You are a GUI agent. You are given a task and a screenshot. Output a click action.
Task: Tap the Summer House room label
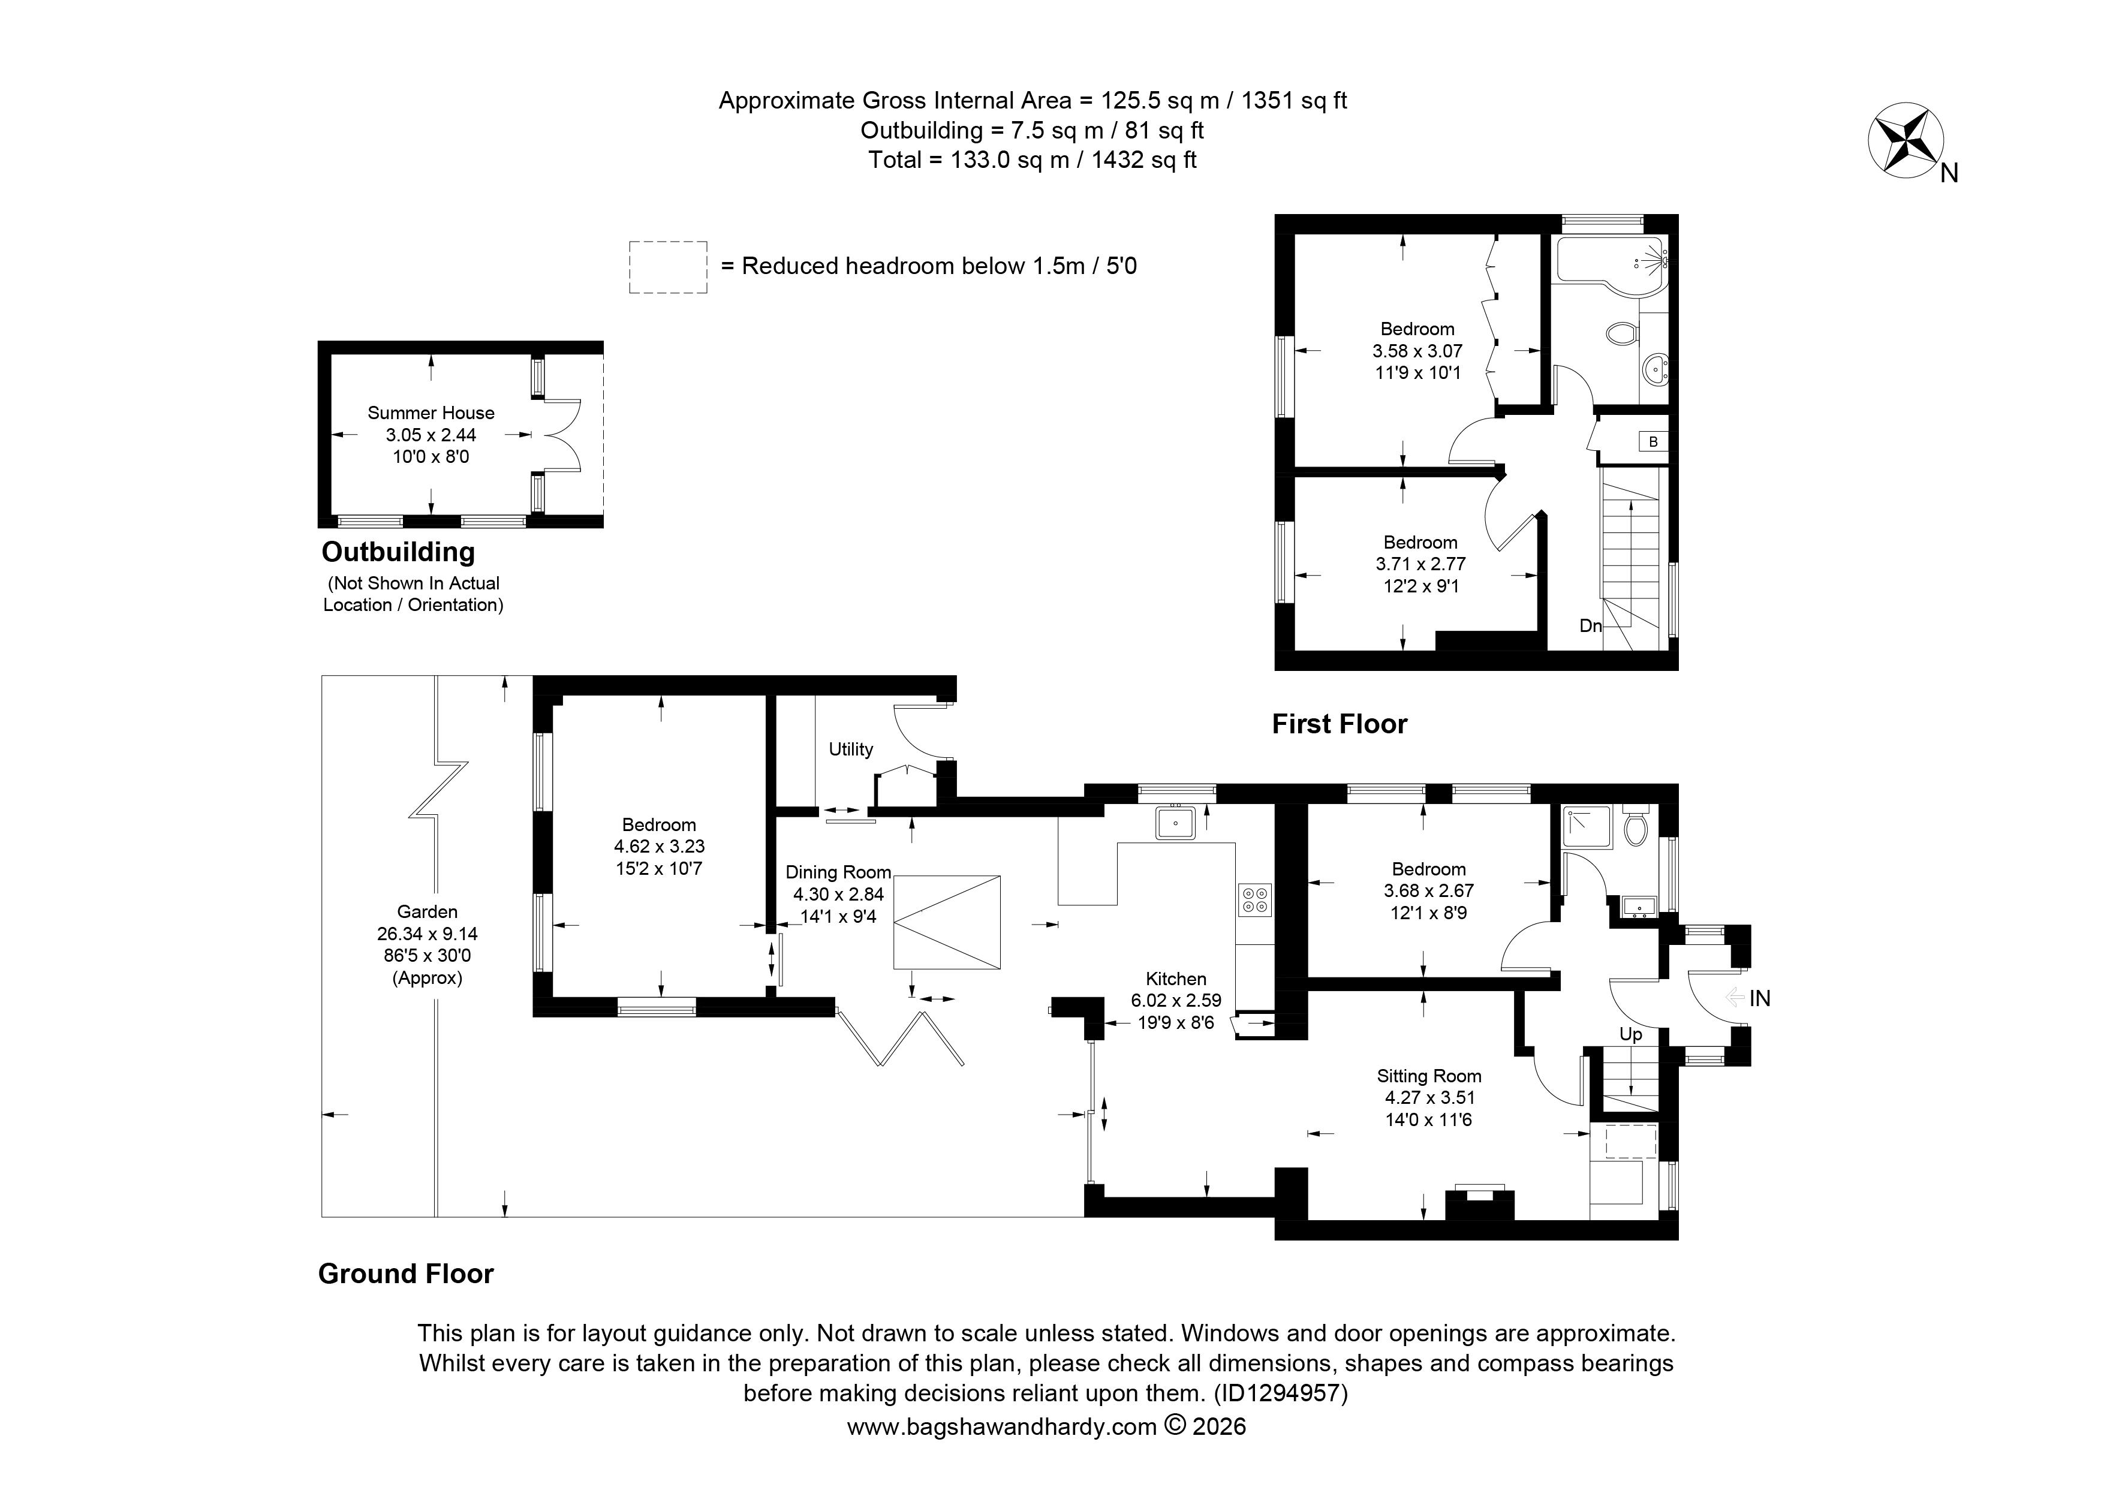pyautogui.click(x=431, y=413)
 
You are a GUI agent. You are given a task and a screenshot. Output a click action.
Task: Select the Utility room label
pyautogui.click(x=850, y=749)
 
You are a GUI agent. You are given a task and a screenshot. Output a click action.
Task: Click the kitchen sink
pyautogui.click(x=1175, y=823)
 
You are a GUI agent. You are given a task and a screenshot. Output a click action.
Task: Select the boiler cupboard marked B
pyautogui.click(x=1653, y=442)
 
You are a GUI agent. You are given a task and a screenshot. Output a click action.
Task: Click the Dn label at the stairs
pyautogui.click(x=1591, y=626)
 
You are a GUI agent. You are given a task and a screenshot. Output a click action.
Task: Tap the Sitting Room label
pyautogui.click(x=1429, y=1076)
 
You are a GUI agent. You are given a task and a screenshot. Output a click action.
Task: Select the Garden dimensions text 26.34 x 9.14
pyautogui.click(x=427, y=934)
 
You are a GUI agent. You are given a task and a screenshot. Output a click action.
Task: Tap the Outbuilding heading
pyautogui.click(x=399, y=552)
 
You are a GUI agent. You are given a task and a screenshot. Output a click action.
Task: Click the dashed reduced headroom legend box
pyautogui.click(x=668, y=267)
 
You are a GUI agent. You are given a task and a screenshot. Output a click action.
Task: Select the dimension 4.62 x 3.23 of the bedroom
pyautogui.click(x=659, y=847)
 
